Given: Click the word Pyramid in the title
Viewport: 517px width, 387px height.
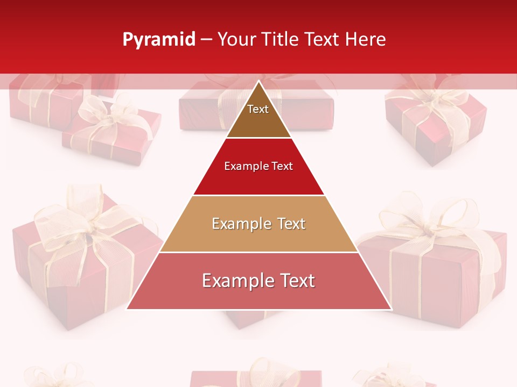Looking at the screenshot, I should (158, 40).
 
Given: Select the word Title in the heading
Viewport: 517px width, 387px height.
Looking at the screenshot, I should (280, 40).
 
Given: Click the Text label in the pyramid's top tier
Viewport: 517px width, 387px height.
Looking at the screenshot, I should (258, 109).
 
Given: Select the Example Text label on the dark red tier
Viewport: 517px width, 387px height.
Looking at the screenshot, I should (258, 166).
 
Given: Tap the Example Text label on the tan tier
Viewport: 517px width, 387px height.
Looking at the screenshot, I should (258, 224).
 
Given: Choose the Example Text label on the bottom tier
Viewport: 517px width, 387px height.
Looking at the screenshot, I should (258, 281).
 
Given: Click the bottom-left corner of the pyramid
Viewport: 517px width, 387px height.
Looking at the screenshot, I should (128, 309).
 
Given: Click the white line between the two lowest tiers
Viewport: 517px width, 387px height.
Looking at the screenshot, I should (258, 252).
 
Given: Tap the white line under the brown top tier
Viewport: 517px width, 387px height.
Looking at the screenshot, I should (258, 138).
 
